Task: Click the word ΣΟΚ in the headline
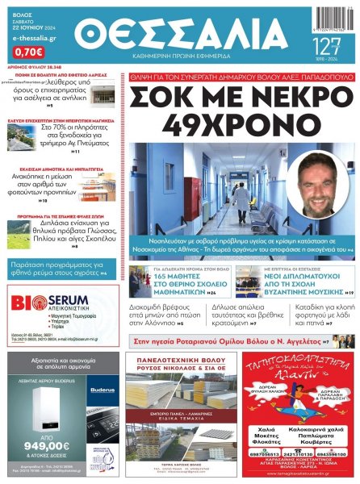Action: click(x=169, y=100)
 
